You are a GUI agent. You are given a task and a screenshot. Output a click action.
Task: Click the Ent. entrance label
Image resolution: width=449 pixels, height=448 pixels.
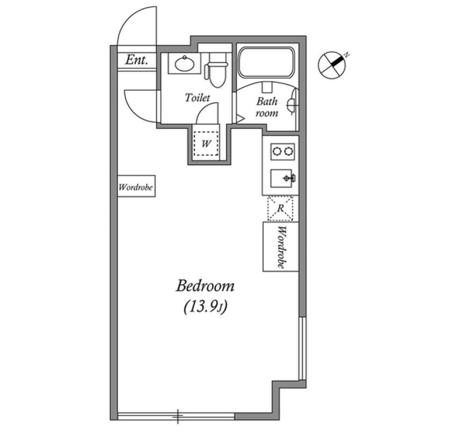coord(137,60)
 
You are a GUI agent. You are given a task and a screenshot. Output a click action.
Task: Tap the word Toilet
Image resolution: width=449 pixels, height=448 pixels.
coord(197,98)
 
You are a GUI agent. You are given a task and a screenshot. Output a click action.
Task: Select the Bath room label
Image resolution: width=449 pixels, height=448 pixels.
coord(267,107)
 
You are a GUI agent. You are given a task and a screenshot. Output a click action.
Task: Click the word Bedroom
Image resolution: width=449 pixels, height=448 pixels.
coord(205,286)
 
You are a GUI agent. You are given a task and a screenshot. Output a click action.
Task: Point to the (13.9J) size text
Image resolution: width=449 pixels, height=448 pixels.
coord(205,307)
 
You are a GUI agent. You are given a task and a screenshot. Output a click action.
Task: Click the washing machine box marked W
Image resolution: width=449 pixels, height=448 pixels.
coord(206,143)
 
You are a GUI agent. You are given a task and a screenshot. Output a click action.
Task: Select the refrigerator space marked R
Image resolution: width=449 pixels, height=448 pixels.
coord(280,208)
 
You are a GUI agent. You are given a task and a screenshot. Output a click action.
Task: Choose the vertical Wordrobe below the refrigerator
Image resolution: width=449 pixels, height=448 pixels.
coord(281,247)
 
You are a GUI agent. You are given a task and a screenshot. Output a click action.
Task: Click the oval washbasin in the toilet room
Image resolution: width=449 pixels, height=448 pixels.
coord(185,64)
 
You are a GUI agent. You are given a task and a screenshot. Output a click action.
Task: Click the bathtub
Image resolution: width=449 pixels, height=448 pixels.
coord(266,63)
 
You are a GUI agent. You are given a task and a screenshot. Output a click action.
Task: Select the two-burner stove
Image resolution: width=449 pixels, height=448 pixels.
coord(282,151)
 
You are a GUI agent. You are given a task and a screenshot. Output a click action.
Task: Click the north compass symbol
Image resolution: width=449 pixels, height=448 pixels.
coord(332,64)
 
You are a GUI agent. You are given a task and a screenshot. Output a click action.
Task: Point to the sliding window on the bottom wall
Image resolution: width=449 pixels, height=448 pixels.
coord(176,416)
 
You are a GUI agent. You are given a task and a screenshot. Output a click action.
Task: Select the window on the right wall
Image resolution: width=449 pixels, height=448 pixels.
coord(303,348)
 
